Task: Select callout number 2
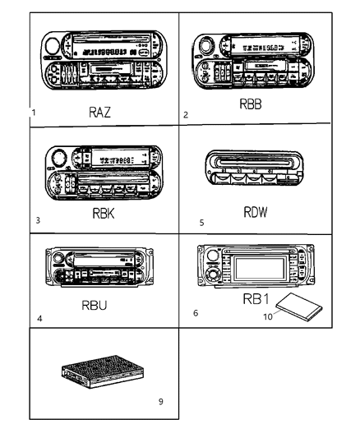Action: [186, 115]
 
